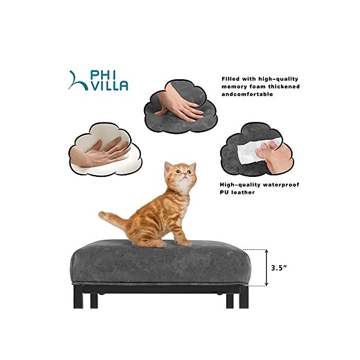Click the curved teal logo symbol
click(78, 81)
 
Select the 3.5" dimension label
click(279, 268)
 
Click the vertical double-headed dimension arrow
click(266, 268)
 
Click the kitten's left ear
click(168, 167)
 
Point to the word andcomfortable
click(247, 94)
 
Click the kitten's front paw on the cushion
click(185, 244)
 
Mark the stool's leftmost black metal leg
click(78, 296)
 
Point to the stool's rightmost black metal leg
click(244, 296)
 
